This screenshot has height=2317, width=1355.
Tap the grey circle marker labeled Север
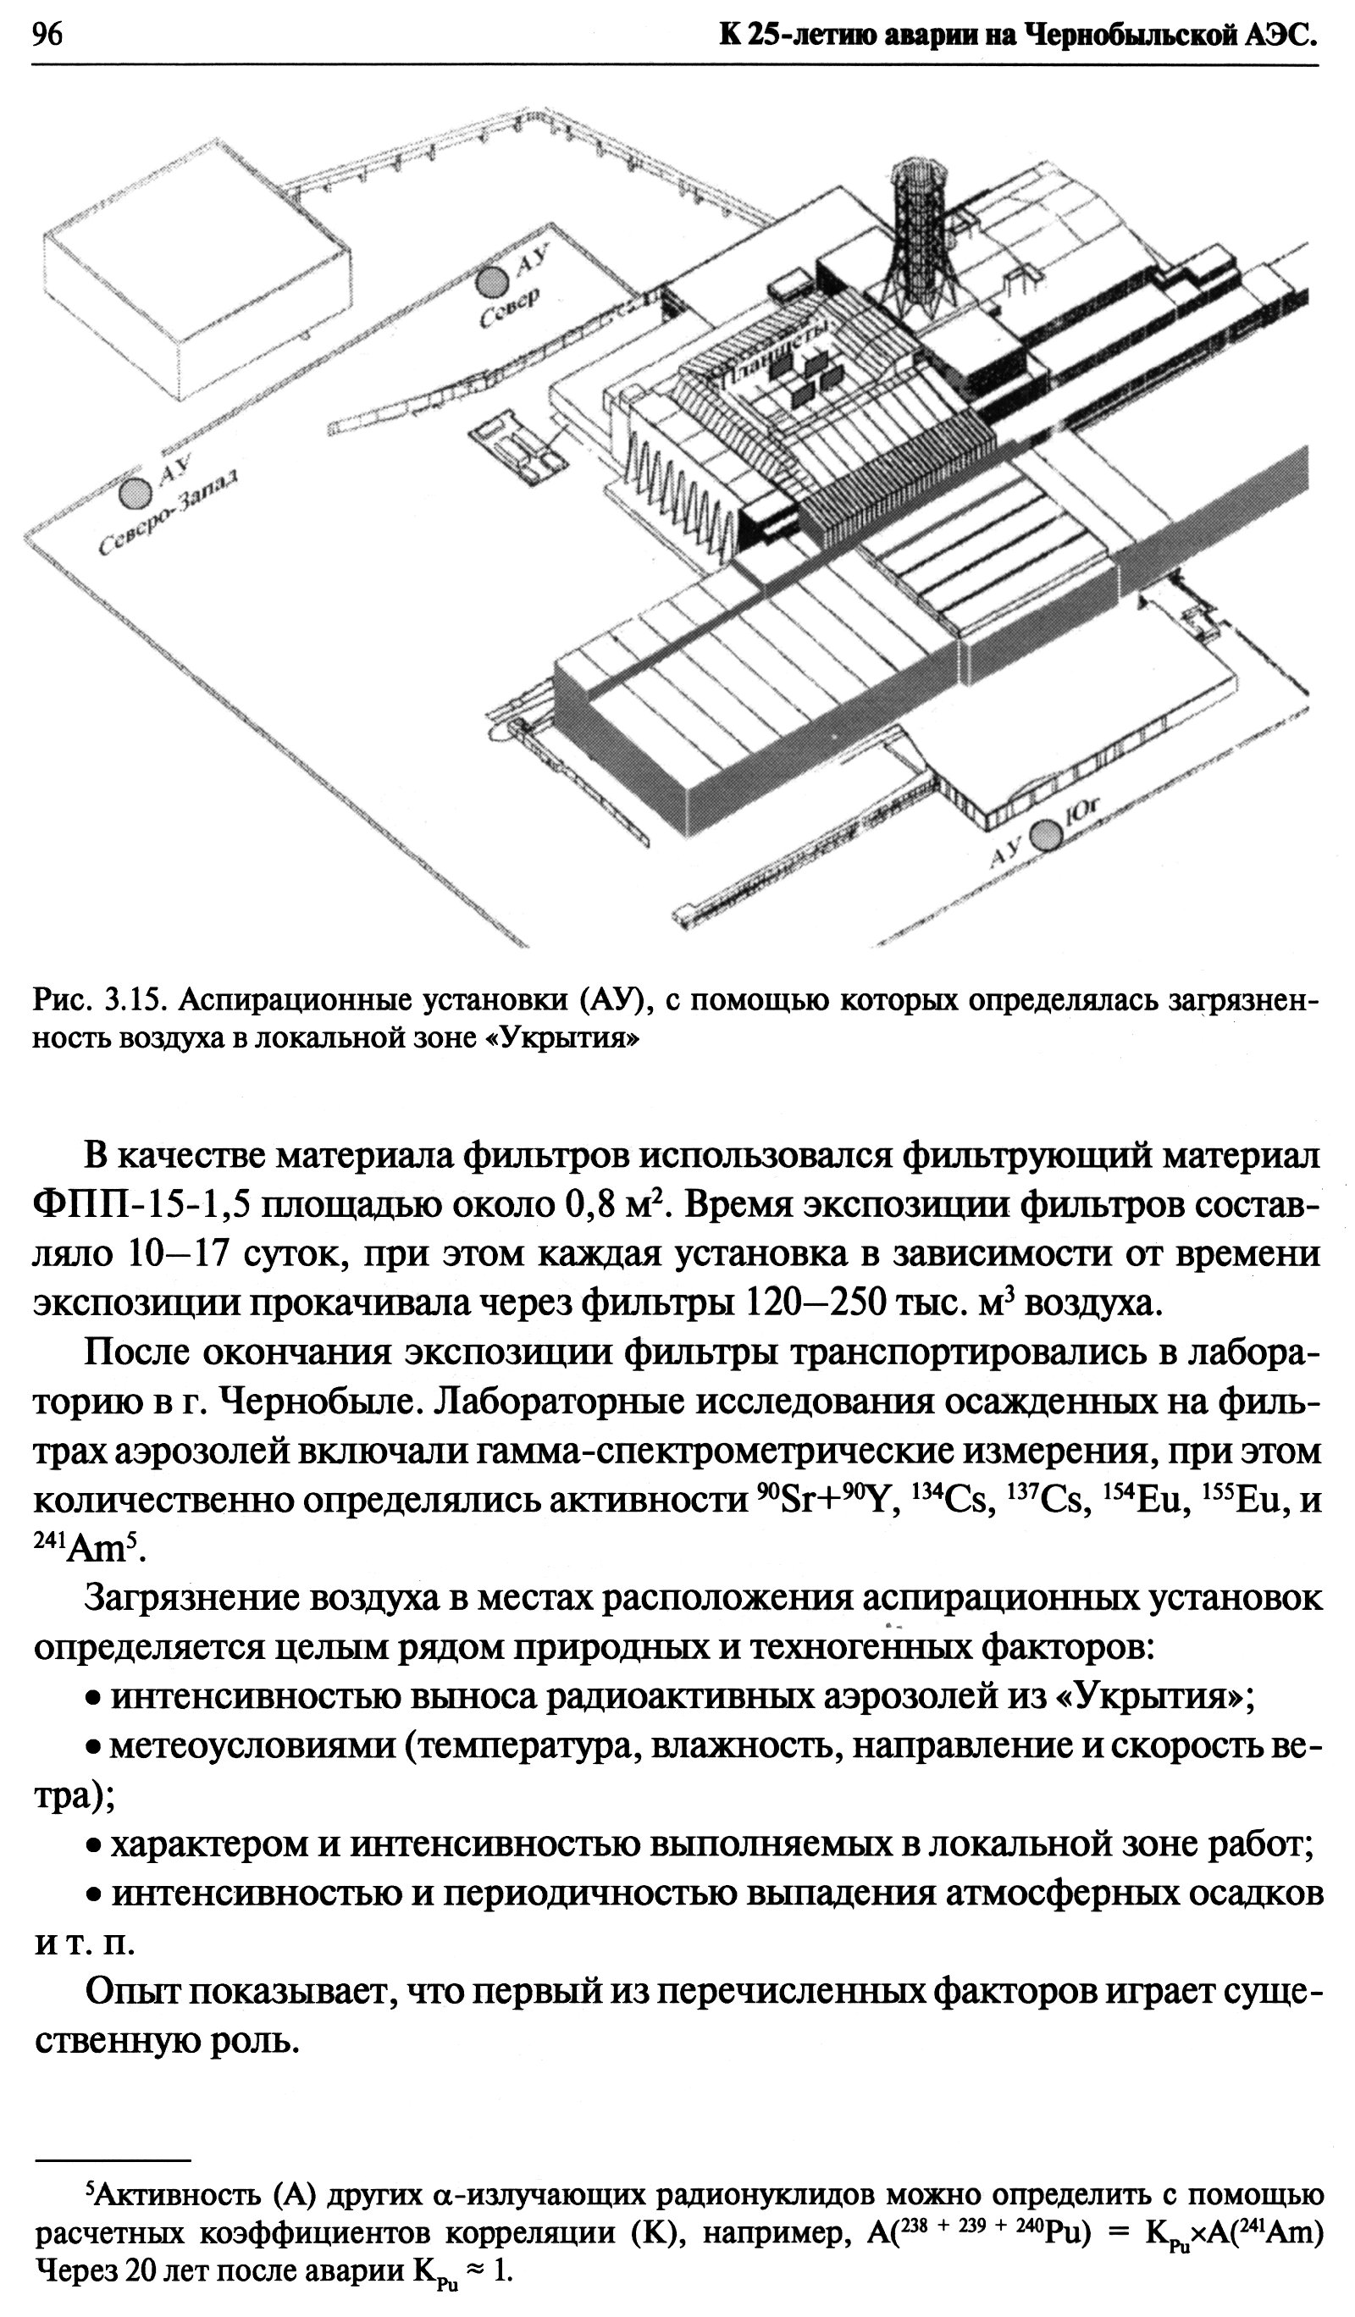492,280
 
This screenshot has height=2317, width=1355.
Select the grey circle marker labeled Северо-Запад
136,493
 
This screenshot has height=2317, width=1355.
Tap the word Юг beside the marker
1085,815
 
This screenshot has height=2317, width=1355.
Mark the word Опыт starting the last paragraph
130,1992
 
